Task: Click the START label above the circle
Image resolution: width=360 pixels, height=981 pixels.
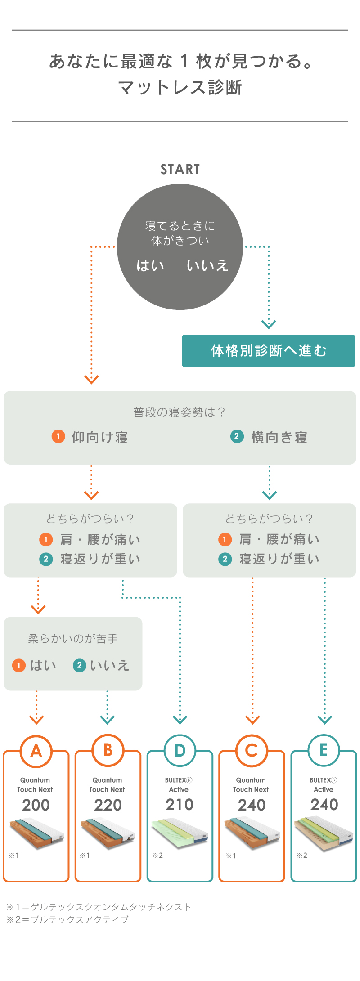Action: (x=180, y=170)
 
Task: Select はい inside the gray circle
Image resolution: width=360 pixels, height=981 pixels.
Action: (x=150, y=265)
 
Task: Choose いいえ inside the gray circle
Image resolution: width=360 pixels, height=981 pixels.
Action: (x=207, y=265)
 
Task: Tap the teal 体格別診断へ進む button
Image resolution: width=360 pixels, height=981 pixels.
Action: (x=269, y=351)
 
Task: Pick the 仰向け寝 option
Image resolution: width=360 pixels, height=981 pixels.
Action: (x=99, y=437)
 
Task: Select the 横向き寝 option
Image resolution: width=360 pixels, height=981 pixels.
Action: (x=279, y=437)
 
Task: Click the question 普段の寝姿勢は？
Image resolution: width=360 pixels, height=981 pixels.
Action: (x=180, y=412)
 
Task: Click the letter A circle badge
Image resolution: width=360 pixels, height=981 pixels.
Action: (x=36, y=751)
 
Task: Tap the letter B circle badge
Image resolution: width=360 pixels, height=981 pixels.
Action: (x=108, y=750)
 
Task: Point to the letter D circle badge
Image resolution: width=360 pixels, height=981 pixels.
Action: (x=180, y=750)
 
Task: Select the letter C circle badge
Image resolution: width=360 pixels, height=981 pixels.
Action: (x=252, y=750)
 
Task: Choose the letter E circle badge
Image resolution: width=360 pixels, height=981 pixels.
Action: (x=324, y=750)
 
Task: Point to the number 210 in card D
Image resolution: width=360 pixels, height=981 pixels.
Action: (x=180, y=805)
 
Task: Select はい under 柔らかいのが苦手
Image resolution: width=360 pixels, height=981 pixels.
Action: (x=43, y=665)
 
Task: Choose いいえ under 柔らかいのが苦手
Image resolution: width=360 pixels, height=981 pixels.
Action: (x=109, y=665)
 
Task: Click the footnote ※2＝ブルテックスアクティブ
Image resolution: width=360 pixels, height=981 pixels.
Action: (x=67, y=920)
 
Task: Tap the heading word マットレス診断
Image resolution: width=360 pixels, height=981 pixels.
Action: (x=180, y=87)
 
